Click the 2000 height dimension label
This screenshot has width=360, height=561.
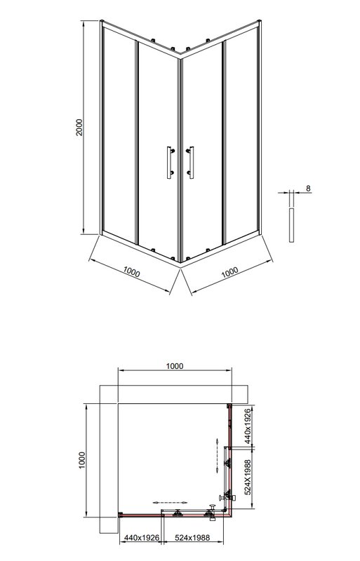pyautogui.click(x=79, y=127)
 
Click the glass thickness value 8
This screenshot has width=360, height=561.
pyautogui.click(x=308, y=188)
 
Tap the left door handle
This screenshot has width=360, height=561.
pyautogui.click(x=170, y=163)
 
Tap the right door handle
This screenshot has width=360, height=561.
pyautogui.click(x=191, y=163)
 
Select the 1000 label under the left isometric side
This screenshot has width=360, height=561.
pyautogui.click(x=131, y=272)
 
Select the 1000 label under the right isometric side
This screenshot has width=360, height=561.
pyautogui.click(x=229, y=272)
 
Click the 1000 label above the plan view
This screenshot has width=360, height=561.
pyautogui.click(x=175, y=366)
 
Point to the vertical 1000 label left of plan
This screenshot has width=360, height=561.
pyautogui.click(x=82, y=461)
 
